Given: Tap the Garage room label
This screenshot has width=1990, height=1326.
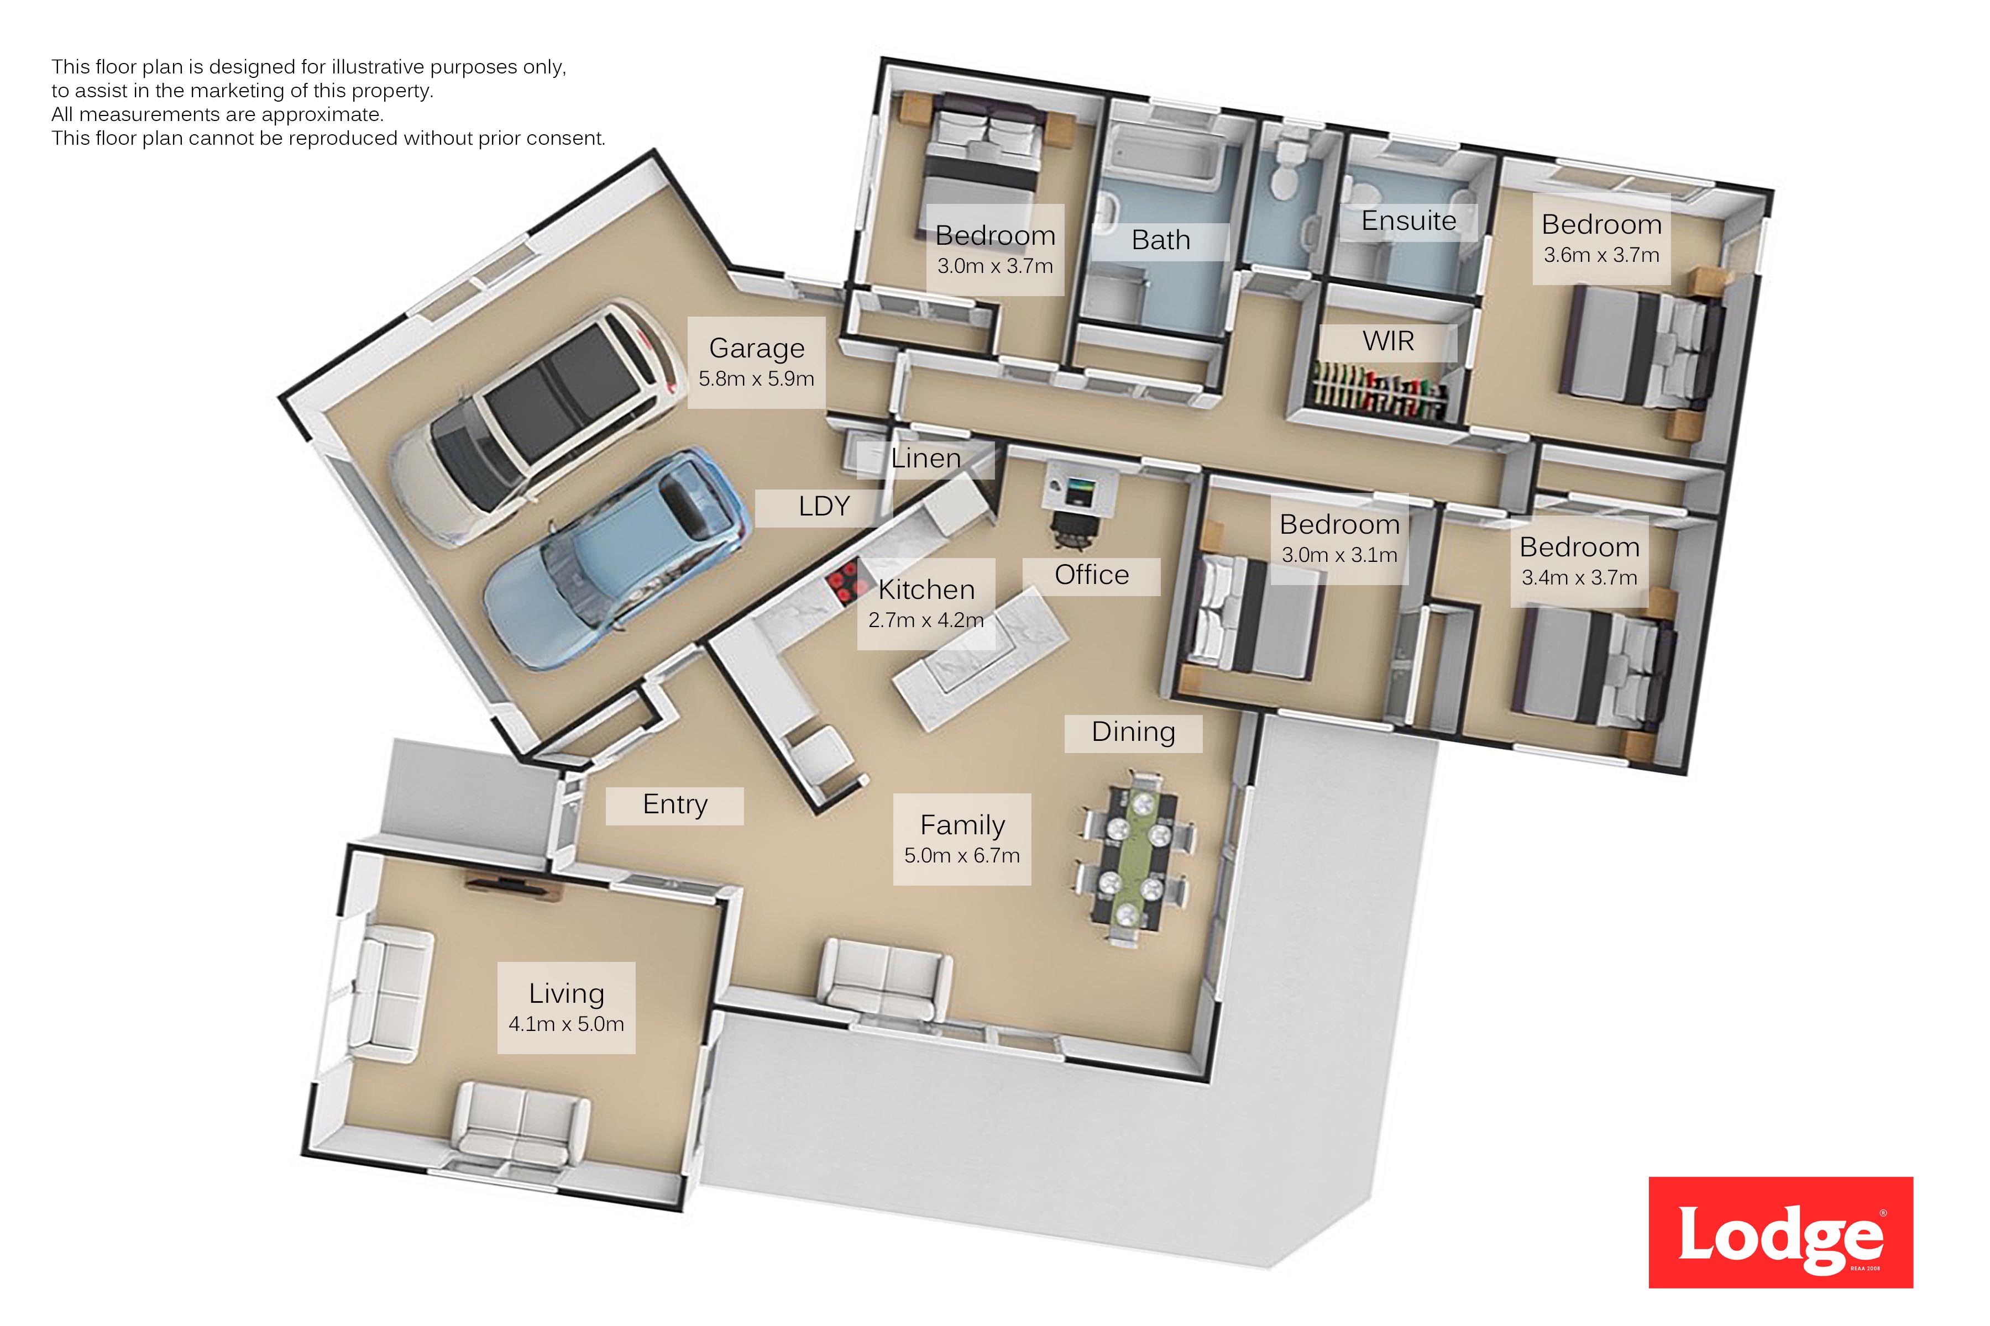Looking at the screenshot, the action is point(756,348).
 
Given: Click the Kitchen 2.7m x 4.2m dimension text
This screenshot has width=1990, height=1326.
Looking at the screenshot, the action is point(925,620).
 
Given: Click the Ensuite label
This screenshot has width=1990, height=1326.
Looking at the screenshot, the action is point(1408,220).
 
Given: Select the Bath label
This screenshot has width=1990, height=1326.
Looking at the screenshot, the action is point(1161,240).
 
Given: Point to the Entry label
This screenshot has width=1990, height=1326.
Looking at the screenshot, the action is point(674,804).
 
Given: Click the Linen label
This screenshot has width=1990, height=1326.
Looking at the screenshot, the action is point(925,459).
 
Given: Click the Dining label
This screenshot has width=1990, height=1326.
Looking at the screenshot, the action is point(1133,732).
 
